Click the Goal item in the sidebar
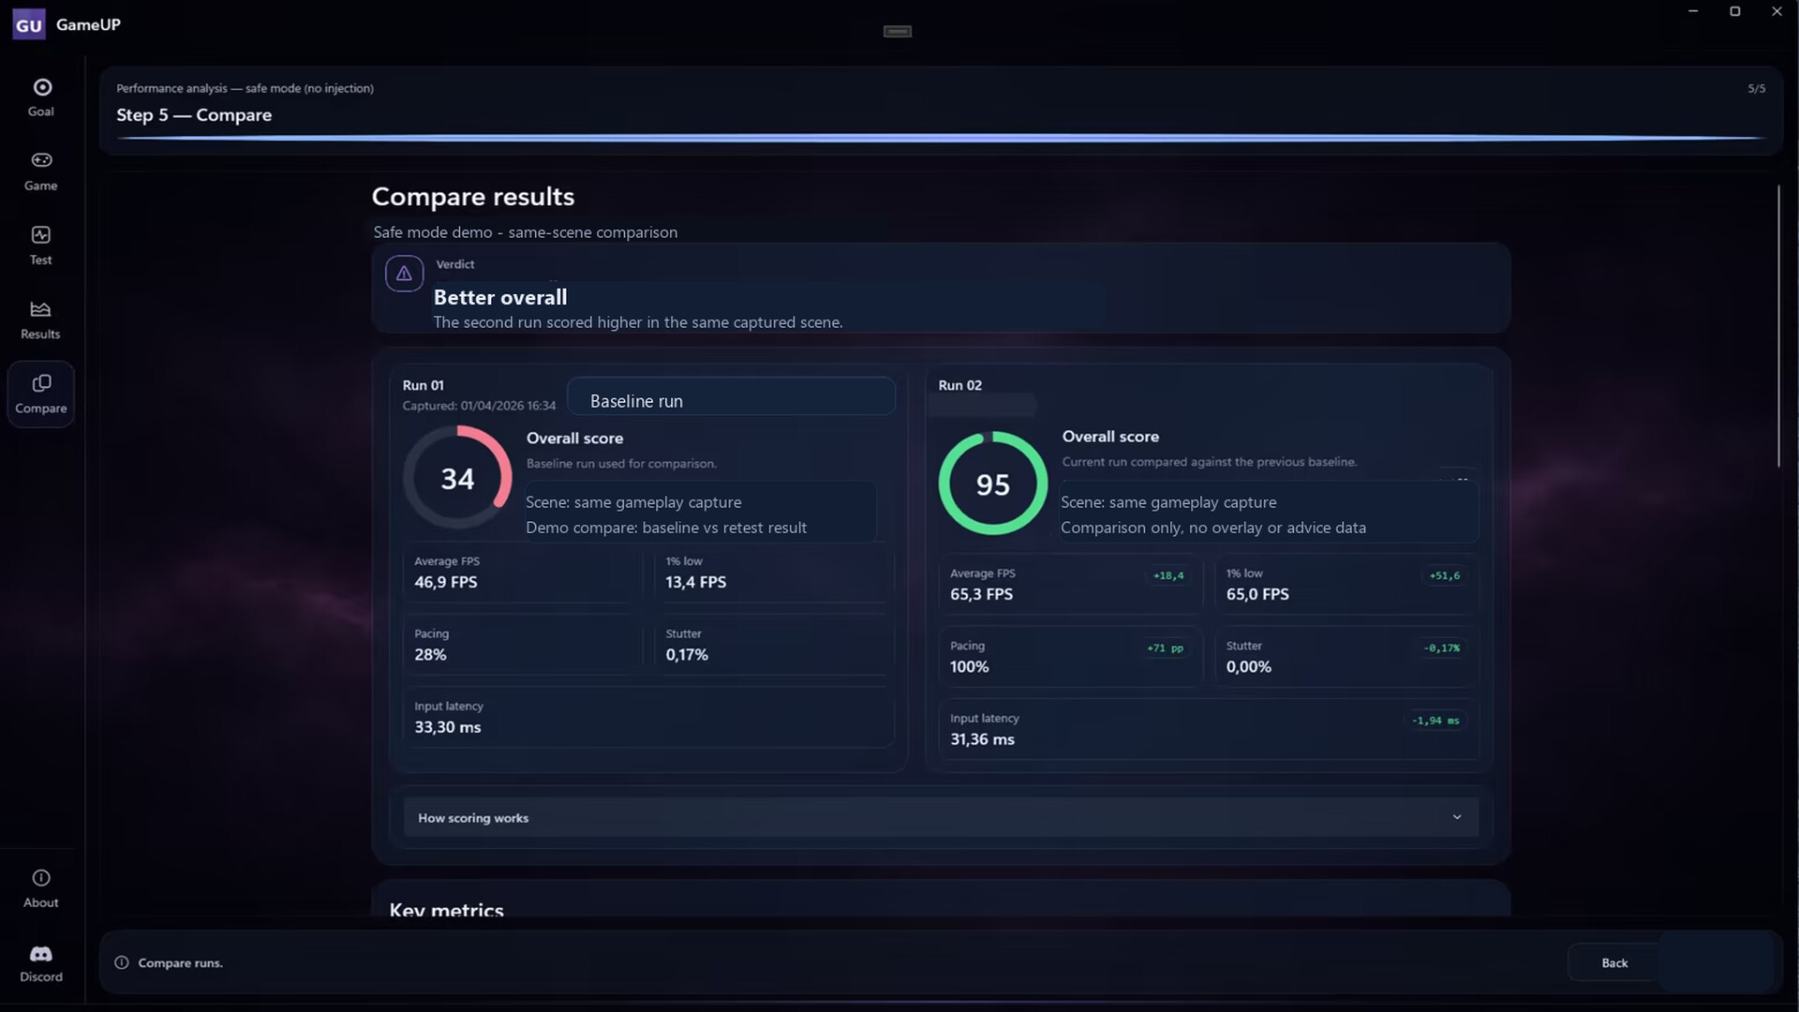(x=41, y=97)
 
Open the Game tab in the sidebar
(x=41, y=171)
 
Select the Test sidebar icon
(x=41, y=246)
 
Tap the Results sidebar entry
(x=40, y=320)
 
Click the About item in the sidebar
(x=41, y=888)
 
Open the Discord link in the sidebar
(x=41, y=963)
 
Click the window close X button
(x=1777, y=11)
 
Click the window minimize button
(x=1693, y=11)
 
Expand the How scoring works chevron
(x=1457, y=817)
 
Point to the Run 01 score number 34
(x=457, y=479)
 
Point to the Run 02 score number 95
(x=993, y=484)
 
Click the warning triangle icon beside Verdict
(x=404, y=274)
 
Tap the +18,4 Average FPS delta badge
(x=1168, y=575)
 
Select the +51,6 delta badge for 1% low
(x=1445, y=575)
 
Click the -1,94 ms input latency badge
(x=1435, y=721)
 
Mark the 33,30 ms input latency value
(x=448, y=727)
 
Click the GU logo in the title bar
(x=29, y=24)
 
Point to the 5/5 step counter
(x=1756, y=89)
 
